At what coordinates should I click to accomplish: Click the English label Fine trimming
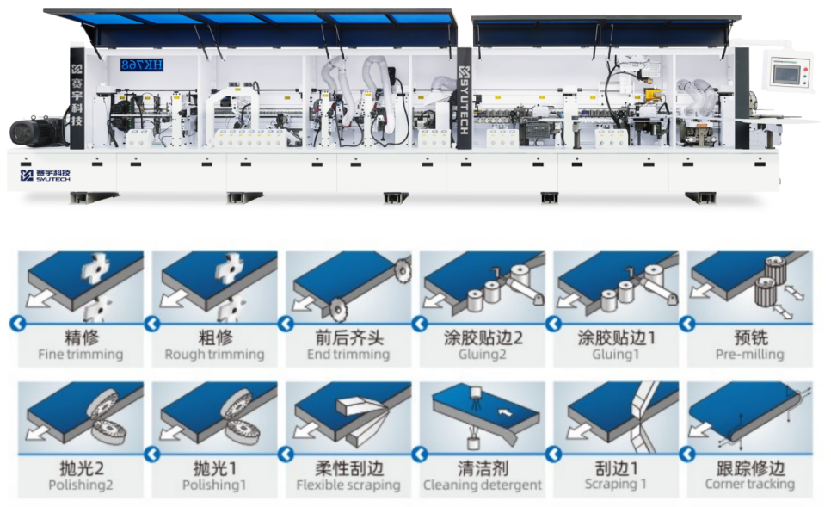(81, 355)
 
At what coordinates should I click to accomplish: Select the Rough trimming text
(215, 355)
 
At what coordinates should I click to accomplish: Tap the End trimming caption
(348, 355)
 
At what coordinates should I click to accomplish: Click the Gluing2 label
(483, 355)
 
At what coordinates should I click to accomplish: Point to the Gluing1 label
(616, 355)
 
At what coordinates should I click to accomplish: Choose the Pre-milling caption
(750, 355)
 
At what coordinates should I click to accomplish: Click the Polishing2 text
(81, 485)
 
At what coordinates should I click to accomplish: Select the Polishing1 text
(214, 485)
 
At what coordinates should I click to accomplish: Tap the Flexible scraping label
(348, 485)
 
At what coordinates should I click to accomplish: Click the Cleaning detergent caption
(483, 485)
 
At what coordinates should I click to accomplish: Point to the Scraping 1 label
(616, 484)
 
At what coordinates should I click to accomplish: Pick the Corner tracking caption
(750, 484)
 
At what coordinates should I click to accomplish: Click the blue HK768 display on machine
(141, 65)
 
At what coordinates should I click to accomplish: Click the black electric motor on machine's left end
(38, 132)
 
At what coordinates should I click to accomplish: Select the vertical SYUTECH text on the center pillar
(463, 100)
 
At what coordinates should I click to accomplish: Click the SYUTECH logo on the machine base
(45, 175)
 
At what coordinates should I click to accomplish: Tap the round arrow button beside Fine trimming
(17, 323)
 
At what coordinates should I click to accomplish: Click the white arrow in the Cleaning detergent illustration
(504, 411)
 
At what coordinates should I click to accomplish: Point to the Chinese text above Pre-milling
(750, 337)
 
